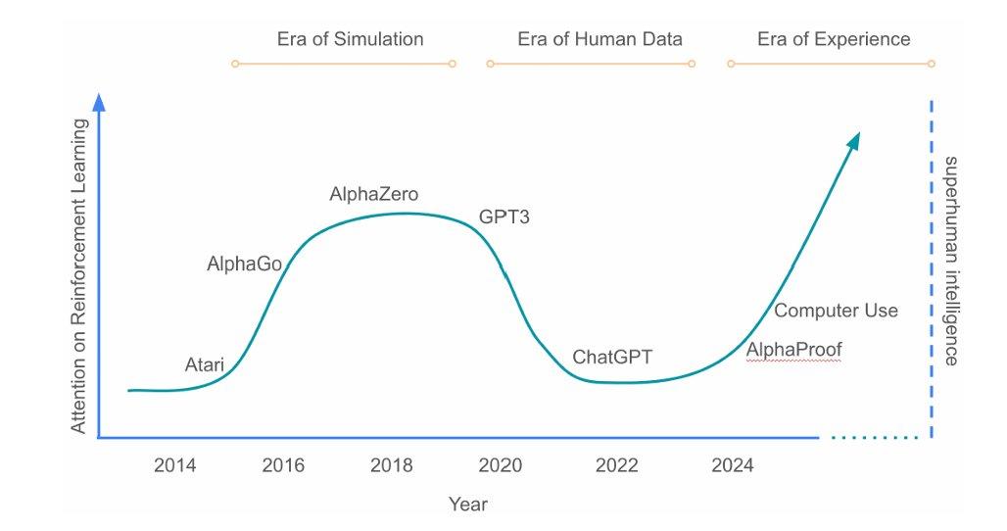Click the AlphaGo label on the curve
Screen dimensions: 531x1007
(244, 264)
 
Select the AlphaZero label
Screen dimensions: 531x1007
(373, 194)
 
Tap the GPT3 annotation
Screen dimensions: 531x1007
(503, 217)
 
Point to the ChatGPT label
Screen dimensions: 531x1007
(612, 357)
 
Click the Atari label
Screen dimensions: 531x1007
(205, 365)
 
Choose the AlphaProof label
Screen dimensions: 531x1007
(793, 350)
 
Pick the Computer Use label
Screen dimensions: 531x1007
(836, 311)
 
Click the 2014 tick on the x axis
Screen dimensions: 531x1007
(174, 465)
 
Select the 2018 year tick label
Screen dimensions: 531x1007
(391, 465)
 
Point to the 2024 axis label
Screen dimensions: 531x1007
(733, 465)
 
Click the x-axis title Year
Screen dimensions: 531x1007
(467, 505)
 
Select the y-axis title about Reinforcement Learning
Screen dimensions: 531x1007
(79, 276)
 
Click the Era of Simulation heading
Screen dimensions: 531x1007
(350, 39)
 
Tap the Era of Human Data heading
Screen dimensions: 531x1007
(599, 39)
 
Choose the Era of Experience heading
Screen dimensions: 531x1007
(834, 39)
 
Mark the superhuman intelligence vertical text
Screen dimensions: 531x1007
(950, 260)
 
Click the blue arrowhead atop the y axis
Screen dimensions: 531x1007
(98, 102)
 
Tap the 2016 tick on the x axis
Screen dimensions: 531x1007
(283, 465)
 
